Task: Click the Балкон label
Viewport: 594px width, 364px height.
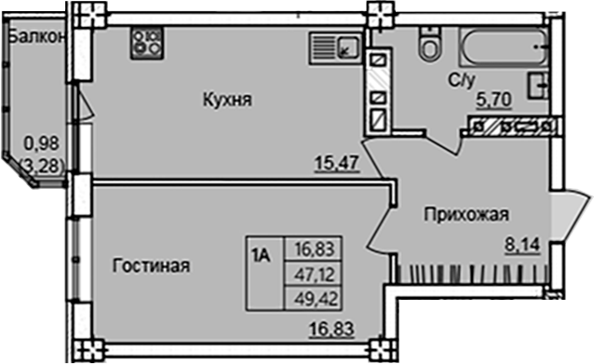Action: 34,37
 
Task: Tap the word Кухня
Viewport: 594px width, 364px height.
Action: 228,100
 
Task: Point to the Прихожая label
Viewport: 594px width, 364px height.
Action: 466,215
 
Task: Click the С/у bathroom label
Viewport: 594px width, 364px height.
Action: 460,80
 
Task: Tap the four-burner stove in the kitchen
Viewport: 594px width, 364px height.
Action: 146,42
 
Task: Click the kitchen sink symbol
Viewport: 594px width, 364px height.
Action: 332,45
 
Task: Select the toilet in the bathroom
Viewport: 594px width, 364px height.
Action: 429,44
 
